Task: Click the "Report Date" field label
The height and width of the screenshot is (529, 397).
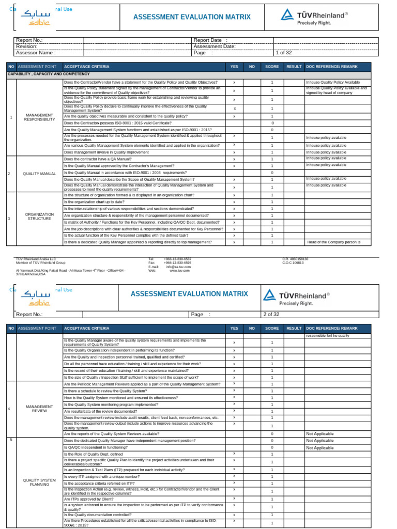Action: [x=207, y=40]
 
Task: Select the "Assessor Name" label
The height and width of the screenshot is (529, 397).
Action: [x=36, y=52]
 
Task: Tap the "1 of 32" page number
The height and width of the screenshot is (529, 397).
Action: [x=284, y=52]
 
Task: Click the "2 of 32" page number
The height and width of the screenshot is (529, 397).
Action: [x=271, y=314]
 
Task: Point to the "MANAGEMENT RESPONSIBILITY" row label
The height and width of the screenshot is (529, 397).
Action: [x=40, y=117]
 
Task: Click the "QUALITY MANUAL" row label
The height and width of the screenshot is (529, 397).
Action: [x=40, y=173]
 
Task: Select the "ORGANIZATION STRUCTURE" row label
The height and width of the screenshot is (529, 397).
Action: [x=40, y=216]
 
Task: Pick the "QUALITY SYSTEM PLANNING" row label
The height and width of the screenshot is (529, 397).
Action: [x=40, y=483]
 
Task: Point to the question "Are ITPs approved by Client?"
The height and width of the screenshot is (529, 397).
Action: [x=88, y=500]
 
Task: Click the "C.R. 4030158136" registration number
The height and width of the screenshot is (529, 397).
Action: [x=295, y=259]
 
